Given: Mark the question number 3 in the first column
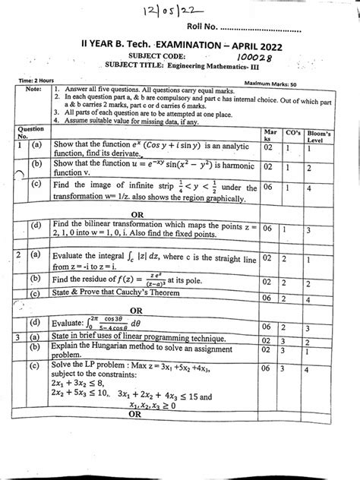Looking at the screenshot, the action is pyautogui.click(x=17, y=355).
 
